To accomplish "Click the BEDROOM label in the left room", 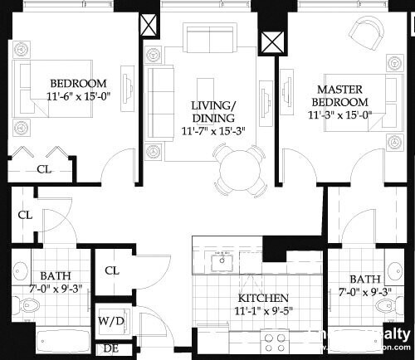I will tap(78, 83).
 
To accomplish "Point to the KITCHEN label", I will tap(263, 298).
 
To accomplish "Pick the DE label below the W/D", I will tap(110, 348).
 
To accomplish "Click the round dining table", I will tap(241, 169).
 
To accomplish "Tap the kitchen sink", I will tap(222, 264).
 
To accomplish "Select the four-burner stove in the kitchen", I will tap(275, 340).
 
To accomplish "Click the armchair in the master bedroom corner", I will tap(367, 32).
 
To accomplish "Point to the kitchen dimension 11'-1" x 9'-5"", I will tap(263, 311).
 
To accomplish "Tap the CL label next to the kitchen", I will tap(113, 270).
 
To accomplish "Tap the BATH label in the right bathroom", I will tap(365, 279).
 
